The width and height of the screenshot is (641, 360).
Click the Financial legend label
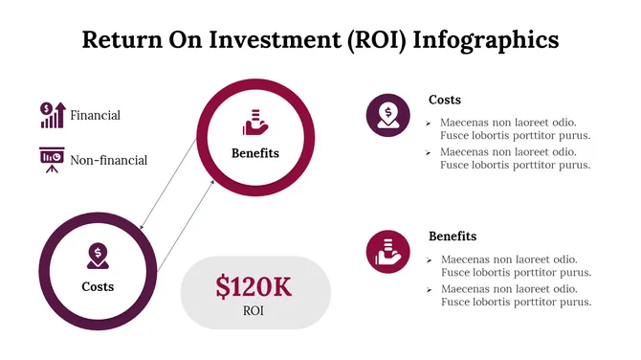click(x=95, y=116)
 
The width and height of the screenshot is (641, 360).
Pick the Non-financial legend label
click(x=108, y=160)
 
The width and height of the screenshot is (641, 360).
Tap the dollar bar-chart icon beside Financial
click(x=52, y=115)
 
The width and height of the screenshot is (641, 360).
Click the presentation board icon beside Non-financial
click(x=52, y=158)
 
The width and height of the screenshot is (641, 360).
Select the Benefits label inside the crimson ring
click(x=255, y=152)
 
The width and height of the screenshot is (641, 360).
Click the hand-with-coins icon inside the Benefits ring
click(x=254, y=122)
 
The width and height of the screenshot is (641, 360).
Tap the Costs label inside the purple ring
click(x=97, y=286)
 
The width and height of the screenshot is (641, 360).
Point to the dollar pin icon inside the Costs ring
click(x=97, y=256)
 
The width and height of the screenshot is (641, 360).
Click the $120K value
click(x=254, y=287)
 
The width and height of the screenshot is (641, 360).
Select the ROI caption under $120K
click(x=254, y=311)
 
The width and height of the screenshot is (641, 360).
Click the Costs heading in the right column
click(x=445, y=100)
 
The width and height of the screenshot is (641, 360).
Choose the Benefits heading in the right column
click(x=453, y=236)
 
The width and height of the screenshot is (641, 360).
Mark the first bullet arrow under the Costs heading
click(x=428, y=123)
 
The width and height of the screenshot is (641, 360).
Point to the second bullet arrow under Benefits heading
click(x=428, y=289)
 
